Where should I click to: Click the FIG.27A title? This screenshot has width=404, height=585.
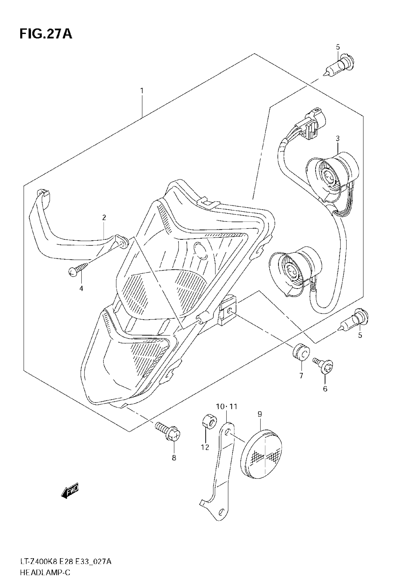point(46,34)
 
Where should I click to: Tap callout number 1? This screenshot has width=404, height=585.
point(142,90)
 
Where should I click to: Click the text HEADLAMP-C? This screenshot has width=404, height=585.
point(45,573)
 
